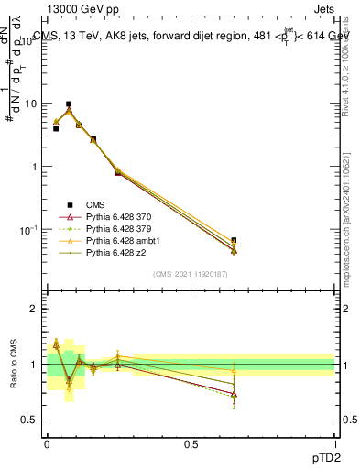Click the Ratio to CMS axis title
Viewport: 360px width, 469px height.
tap(13, 365)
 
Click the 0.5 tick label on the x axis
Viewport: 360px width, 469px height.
tap(191, 442)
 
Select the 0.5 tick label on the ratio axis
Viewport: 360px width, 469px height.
tap(29, 420)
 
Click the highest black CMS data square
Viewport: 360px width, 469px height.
tap(69, 104)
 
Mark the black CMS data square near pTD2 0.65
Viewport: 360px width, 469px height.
tap(234, 240)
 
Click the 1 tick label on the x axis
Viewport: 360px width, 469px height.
tap(335, 442)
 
